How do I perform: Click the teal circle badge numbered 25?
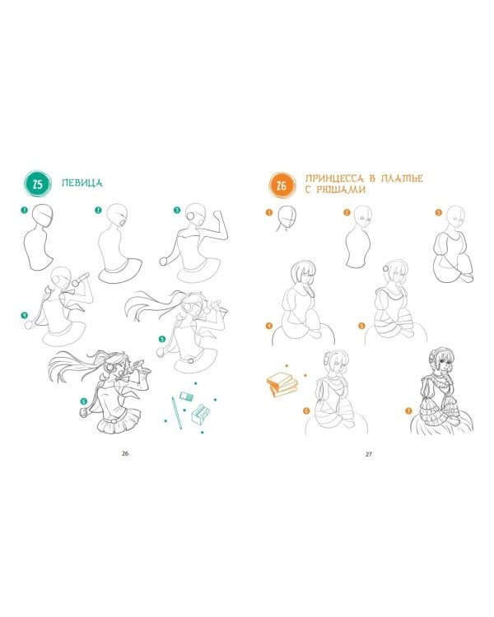click(37, 184)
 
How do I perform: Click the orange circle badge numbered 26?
click(282, 185)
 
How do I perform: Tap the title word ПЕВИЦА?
click(82, 183)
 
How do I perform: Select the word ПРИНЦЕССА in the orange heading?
click(334, 179)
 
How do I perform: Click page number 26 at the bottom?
click(125, 453)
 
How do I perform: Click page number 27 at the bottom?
click(368, 454)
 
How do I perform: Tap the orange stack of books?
click(282, 383)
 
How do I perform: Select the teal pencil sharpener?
click(201, 414)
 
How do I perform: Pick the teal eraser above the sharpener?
click(186, 396)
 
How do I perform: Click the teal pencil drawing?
click(176, 412)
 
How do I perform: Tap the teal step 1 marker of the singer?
click(25, 210)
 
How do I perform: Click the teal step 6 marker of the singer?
click(83, 401)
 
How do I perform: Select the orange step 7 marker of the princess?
click(408, 411)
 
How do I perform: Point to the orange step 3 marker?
click(439, 212)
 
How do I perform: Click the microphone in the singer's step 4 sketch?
click(81, 280)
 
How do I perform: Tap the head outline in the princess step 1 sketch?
click(287, 217)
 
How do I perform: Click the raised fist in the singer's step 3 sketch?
click(217, 216)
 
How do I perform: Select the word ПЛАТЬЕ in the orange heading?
click(402, 179)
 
